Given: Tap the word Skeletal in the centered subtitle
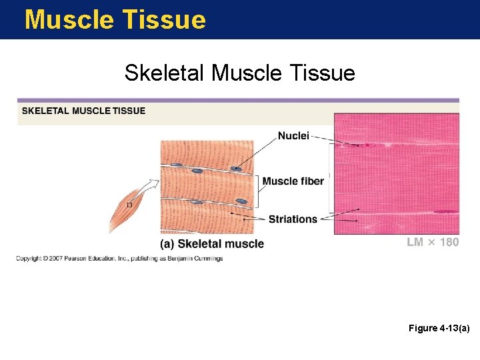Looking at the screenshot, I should coord(165,72).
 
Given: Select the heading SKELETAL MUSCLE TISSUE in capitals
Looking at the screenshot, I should coord(83,111).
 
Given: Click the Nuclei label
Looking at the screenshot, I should coord(293,136).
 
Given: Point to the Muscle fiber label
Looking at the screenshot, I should coord(293,181).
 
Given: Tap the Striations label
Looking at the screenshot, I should coord(293,219).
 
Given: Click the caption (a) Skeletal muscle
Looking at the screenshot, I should coord(212,244).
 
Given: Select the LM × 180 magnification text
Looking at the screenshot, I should coord(433,242).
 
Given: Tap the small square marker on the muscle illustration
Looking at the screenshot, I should coord(129,205).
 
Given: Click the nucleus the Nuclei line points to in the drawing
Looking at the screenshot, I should coord(235,169).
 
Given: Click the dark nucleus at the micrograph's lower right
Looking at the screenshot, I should coord(444,212).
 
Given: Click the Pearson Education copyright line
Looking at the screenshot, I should coord(119,258).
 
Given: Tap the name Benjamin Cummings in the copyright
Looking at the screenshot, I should coord(200,258).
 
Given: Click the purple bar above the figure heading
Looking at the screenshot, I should coord(238,101).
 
